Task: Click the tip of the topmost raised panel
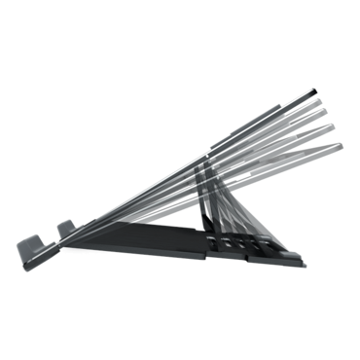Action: (318, 93)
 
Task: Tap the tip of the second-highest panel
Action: (323, 106)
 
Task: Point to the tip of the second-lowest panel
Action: (336, 134)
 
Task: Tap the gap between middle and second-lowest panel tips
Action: (333, 127)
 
